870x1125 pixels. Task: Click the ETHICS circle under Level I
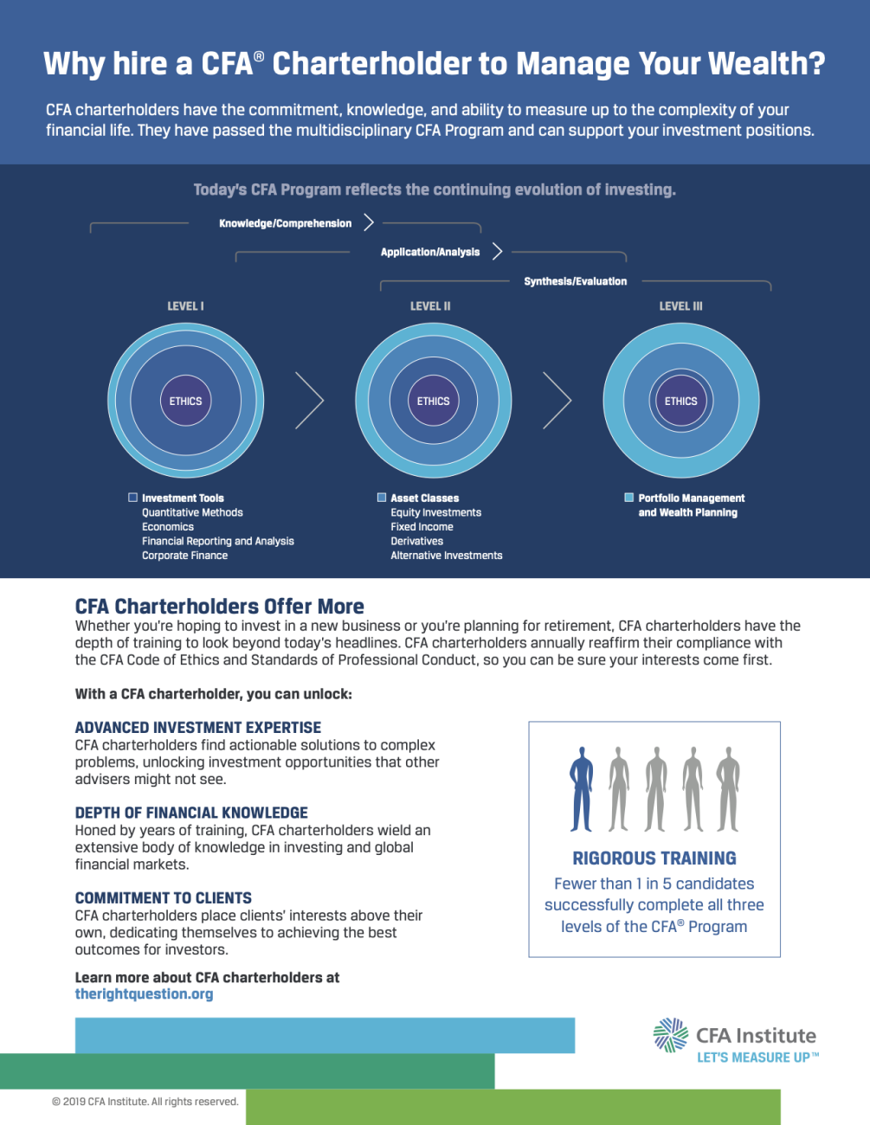pos(185,401)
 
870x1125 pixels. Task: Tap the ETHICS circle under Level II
pos(434,401)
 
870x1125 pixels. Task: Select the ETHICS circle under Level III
pos(681,401)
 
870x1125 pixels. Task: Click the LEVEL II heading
pos(430,306)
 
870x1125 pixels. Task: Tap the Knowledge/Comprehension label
pos(286,223)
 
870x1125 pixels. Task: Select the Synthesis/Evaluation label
pos(576,281)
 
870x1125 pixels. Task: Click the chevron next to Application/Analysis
pos(498,252)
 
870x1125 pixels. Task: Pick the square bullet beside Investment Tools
pos(133,498)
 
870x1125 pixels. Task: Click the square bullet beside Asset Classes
pos(382,498)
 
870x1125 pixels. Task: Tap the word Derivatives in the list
pos(417,541)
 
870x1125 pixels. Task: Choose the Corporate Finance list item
pos(185,556)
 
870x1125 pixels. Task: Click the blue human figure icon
pos(582,789)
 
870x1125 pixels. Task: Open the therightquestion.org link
pos(144,994)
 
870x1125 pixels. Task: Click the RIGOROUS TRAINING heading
pos(654,858)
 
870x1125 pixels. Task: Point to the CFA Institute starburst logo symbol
pos(671,1036)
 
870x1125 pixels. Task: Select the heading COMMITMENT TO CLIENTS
pos(164,897)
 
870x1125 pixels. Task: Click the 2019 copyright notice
pos(145,1102)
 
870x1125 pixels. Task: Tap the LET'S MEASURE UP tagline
pos(758,1057)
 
